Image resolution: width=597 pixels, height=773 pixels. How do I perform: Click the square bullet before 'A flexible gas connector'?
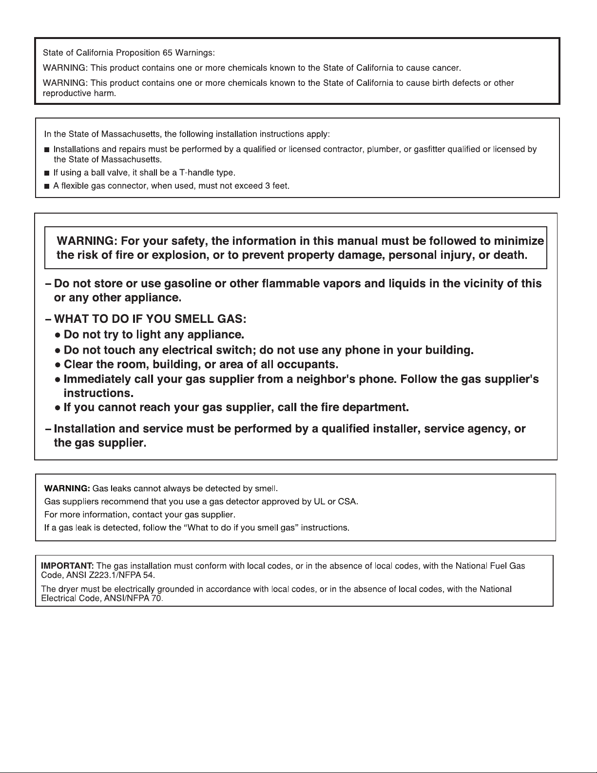47,186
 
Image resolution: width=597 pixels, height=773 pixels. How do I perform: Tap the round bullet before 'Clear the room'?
58,365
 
